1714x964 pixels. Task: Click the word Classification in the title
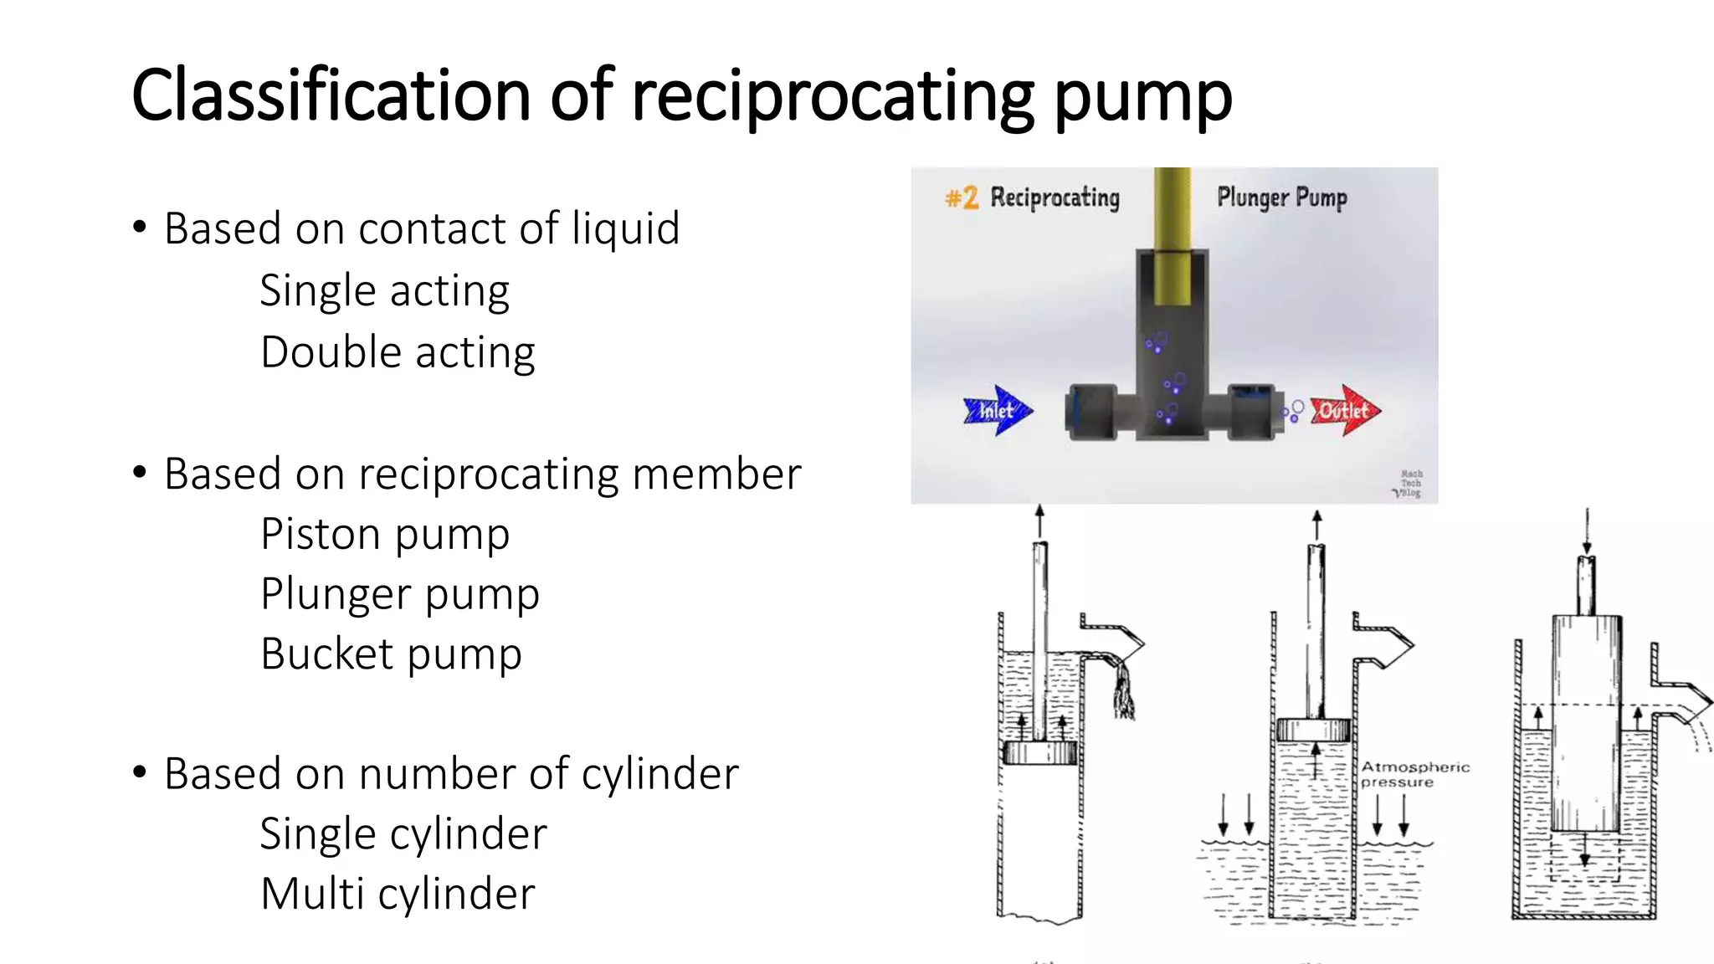click(x=331, y=95)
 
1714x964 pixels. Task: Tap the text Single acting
click(x=384, y=291)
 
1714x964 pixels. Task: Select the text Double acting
click(x=398, y=352)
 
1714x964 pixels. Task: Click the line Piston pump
click(x=385, y=534)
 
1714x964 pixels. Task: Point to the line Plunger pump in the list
click(x=400, y=594)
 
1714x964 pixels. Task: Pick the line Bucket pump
click(x=391, y=654)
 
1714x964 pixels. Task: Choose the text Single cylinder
click(x=403, y=834)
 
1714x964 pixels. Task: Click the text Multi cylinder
click(x=398, y=895)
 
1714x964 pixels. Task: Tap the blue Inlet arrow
click(x=998, y=410)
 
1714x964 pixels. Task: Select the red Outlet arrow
click(x=1346, y=410)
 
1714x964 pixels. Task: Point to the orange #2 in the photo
click(x=962, y=198)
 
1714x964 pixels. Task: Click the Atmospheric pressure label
click(x=1414, y=774)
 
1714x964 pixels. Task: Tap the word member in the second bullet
click(x=716, y=474)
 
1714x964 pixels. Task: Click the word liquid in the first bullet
click(x=625, y=228)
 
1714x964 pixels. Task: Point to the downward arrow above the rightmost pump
click(x=1586, y=531)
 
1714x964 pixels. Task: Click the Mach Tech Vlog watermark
click(x=1410, y=484)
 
